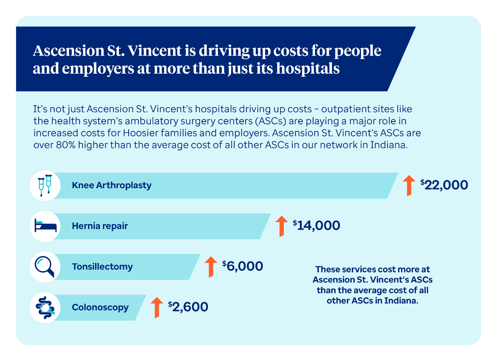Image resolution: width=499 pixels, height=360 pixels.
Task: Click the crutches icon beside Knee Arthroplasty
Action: [45, 185]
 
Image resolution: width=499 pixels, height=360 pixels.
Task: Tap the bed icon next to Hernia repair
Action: [46, 225]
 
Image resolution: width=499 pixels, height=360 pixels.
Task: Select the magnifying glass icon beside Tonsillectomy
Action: [44, 267]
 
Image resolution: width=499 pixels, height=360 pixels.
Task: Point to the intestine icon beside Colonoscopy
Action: [45, 308]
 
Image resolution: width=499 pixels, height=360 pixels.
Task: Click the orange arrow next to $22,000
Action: [409, 185]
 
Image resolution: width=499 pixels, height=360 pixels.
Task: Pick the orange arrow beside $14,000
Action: [281, 226]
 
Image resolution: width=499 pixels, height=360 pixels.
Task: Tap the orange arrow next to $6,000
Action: [211, 267]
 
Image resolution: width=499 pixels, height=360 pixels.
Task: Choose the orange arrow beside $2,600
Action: [157, 307]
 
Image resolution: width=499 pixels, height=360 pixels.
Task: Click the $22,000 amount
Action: [444, 185]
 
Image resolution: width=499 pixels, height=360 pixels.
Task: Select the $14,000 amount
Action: [316, 226]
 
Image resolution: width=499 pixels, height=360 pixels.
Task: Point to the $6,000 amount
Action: [242, 266]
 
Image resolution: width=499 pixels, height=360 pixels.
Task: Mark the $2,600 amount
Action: [188, 307]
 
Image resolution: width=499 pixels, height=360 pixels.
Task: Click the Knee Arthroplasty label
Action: [111, 185]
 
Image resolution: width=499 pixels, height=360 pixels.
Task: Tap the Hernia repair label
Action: [100, 226]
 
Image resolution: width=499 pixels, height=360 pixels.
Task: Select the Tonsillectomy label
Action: [102, 267]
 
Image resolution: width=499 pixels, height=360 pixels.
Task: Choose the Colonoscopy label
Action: [100, 308]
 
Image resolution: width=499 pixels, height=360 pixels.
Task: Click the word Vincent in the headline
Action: [155, 51]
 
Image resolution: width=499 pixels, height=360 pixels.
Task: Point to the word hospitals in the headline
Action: [308, 69]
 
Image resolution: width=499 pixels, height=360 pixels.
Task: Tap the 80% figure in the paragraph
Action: [66, 145]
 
